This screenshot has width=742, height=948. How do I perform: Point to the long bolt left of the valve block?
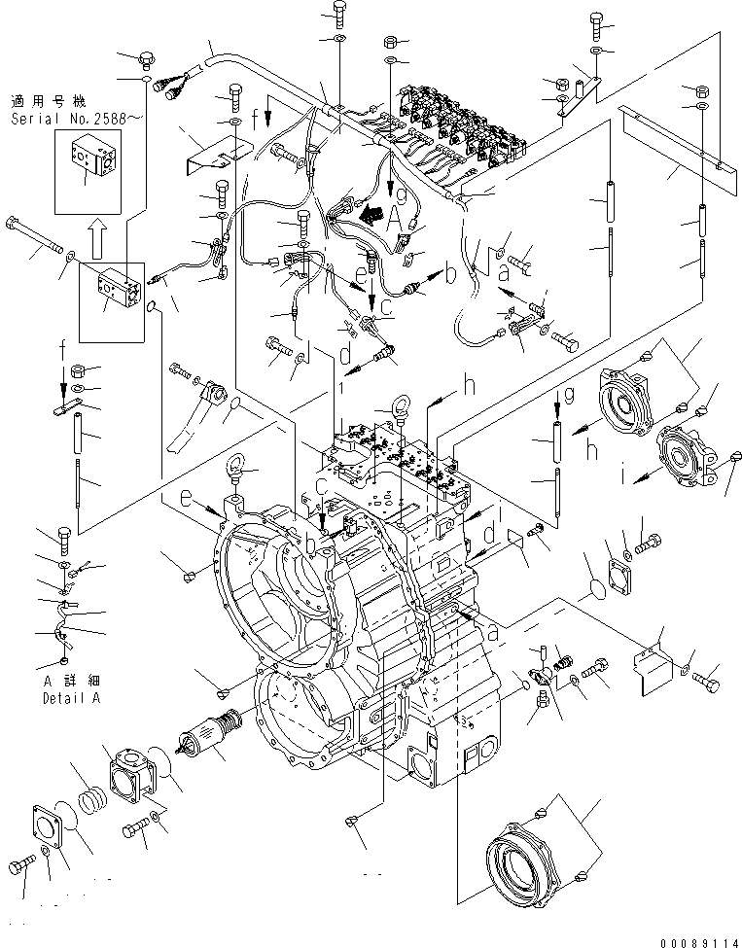coord(35,238)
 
